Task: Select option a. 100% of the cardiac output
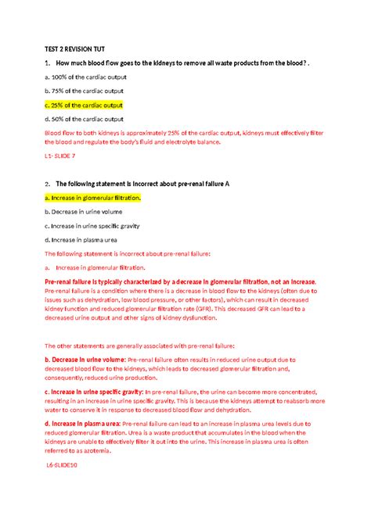tap(85, 77)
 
